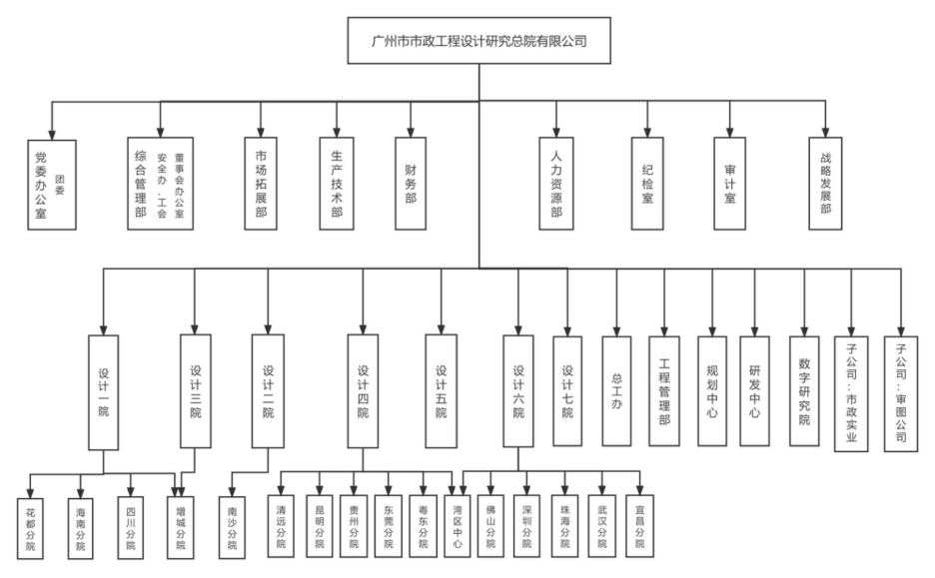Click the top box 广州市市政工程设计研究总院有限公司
477,42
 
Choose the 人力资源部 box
556,185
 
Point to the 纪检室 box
647,185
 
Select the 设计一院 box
104,389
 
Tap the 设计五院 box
441,389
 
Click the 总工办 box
616,390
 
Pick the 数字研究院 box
803,390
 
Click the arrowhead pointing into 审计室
729,133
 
